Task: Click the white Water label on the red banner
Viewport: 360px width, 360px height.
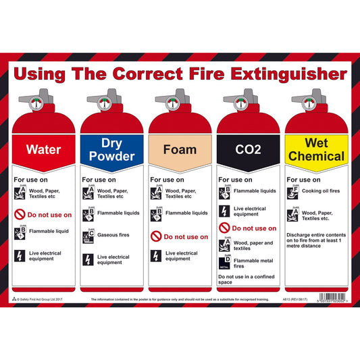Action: pyautogui.click(x=43, y=151)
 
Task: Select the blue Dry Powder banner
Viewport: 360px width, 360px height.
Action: pyautogui.click(x=111, y=150)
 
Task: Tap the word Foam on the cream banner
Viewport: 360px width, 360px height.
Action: pyautogui.click(x=180, y=150)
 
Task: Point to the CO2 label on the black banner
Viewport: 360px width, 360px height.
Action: pyautogui.click(x=248, y=150)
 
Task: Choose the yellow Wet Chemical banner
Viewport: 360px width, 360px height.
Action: pyautogui.click(x=316, y=150)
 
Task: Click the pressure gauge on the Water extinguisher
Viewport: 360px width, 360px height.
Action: pyautogui.click(x=35, y=103)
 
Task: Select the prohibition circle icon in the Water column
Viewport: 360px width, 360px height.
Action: pyautogui.click(x=20, y=215)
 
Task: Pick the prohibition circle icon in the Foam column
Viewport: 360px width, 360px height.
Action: pyautogui.click(x=156, y=237)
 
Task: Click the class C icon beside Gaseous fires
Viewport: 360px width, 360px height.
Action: pyautogui.click(x=88, y=236)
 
